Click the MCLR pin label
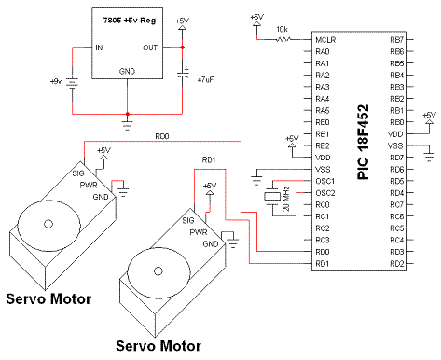tap(325, 40)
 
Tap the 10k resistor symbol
tap(283, 39)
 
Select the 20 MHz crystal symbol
tap(272, 197)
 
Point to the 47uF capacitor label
tap(205, 80)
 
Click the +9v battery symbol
tap(73, 83)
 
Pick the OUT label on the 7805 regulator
tap(150, 48)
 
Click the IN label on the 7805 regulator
tap(99, 48)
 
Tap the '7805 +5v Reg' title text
tap(130, 21)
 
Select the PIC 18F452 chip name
tap(363, 142)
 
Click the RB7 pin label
tap(396, 40)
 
